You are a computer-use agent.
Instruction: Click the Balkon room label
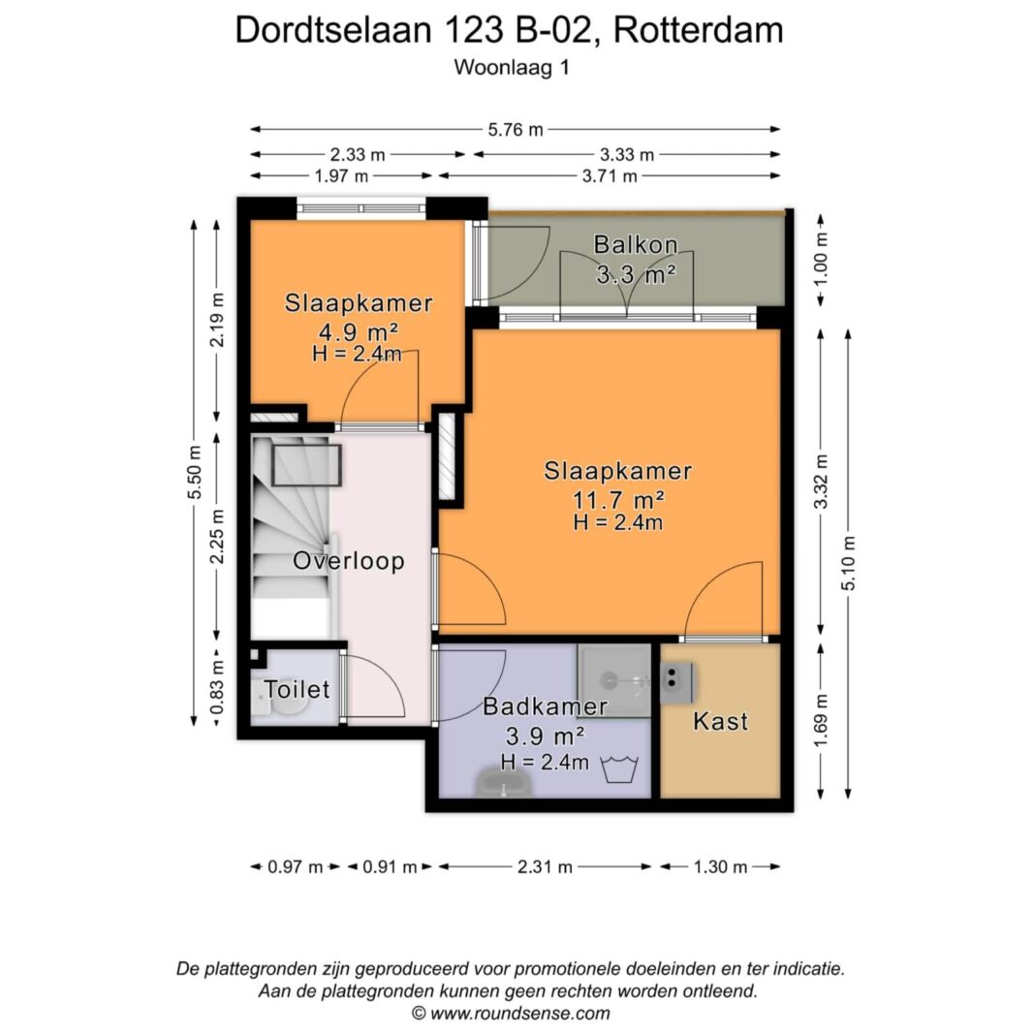[635, 244]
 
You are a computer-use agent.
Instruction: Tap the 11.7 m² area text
[617, 500]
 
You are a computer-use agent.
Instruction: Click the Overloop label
[349, 561]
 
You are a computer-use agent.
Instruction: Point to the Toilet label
[298, 690]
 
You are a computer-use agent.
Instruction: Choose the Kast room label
[720, 721]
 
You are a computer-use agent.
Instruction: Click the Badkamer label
[545, 706]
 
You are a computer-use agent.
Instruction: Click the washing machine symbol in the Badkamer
[617, 769]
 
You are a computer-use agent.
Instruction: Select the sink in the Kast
[675, 679]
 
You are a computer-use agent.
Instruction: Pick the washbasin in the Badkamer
[503, 782]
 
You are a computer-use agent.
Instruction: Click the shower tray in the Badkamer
[614, 680]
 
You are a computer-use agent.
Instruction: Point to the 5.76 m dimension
[516, 130]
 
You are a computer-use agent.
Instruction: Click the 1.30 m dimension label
[720, 866]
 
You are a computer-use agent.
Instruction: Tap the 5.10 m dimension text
[849, 563]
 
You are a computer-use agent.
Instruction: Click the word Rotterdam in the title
[699, 30]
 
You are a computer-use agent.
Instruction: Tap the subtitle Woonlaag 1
[510, 68]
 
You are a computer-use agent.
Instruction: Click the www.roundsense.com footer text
[518, 1014]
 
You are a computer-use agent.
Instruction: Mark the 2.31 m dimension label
[545, 866]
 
